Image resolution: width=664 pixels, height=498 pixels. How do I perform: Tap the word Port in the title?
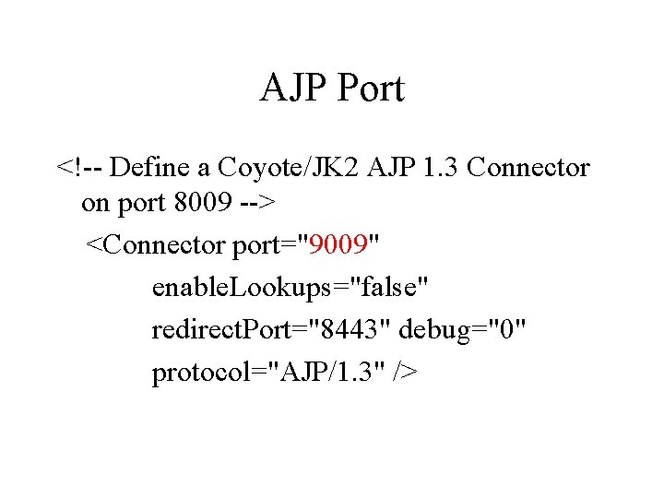click(x=371, y=89)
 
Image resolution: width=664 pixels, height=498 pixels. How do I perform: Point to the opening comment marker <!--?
click(x=80, y=168)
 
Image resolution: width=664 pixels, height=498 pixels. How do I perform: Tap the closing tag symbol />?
click(x=405, y=372)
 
